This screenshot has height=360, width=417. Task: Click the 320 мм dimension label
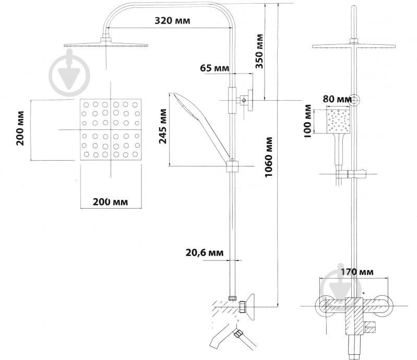(172, 20)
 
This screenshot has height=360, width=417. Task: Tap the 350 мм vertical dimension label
(259, 51)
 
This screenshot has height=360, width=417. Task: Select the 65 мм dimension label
(215, 68)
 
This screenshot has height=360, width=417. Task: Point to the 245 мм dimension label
(162, 126)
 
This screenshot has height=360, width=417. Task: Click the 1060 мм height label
(269, 157)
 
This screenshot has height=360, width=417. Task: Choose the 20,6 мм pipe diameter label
(205, 253)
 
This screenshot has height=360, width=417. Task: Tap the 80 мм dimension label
(337, 99)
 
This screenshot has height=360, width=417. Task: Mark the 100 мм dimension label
(307, 121)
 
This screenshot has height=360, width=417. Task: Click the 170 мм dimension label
(357, 272)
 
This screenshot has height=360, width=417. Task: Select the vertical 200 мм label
(20, 128)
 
